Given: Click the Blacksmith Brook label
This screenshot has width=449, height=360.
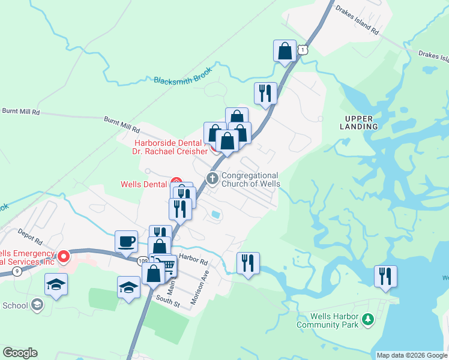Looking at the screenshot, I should tap(183, 79).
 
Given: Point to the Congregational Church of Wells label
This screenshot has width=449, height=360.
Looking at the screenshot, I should tap(251, 179).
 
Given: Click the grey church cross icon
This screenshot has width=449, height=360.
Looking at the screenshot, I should tap(212, 178).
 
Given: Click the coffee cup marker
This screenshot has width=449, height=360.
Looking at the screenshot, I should tap(126, 241).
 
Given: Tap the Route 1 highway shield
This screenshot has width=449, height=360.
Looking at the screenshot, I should tap(304, 50).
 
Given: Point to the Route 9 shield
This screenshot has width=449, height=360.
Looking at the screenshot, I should tap(17, 271).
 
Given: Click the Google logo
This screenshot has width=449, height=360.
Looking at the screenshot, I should tap(20, 353).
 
